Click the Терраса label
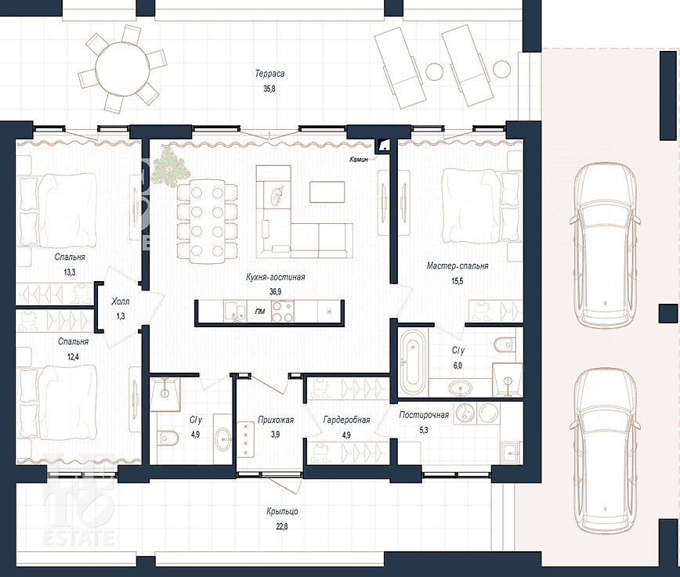tap(269, 74)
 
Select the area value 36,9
tap(275, 292)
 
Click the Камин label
tap(359, 160)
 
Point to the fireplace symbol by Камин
tap(383, 146)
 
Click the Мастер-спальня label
tap(458, 265)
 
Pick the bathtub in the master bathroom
tap(412, 359)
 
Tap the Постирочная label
tap(424, 415)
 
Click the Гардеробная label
tap(346, 420)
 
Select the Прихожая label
tap(276, 420)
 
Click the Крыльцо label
tap(282, 511)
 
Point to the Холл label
tap(120, 301)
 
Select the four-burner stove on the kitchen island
tap(282, 312)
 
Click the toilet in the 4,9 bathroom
tap(168, 438)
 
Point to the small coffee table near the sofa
tap(327, 192)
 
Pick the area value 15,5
tap(458, 281)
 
